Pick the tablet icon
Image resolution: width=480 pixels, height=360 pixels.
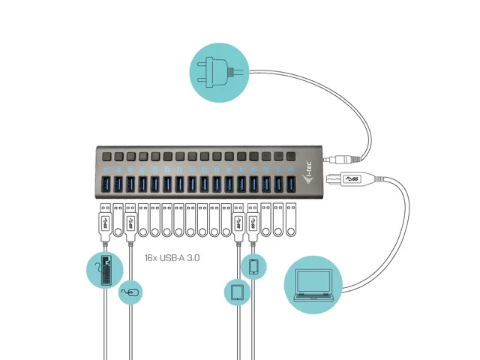click(238, 292)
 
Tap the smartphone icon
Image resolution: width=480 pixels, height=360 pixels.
click(253, 267)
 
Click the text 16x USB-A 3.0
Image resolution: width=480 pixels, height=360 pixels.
click(172, 257)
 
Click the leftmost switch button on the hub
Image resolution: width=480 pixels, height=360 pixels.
click(106, 157)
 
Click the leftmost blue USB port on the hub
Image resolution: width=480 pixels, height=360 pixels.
click(106, 184)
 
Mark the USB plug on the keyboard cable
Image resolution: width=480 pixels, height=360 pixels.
click(106, 223)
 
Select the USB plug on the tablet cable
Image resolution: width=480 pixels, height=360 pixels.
click(238, 223)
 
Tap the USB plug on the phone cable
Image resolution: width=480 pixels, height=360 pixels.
click(253, 223)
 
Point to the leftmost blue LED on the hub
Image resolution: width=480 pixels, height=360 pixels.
click(106, 169)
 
